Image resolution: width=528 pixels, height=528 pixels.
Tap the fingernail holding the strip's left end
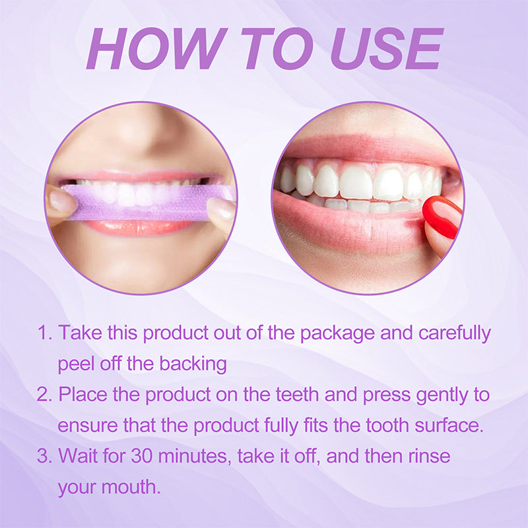coord(63,201)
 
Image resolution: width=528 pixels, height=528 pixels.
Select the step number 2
coord(43,395)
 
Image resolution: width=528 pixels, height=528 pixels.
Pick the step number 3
coord(43,456)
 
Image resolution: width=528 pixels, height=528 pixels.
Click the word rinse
coord(427,456)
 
